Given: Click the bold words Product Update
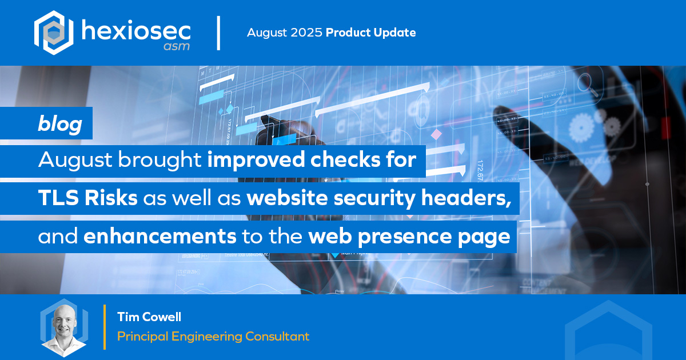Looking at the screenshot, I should point(370,33).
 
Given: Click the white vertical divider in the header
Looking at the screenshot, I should point(218,33).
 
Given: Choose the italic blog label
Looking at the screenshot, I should point(60,123).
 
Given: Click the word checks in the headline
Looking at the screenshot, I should point(339,161).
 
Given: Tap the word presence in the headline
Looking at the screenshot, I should point(406,237).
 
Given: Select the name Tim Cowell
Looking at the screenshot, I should point(149,317).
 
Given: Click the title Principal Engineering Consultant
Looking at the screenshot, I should point(213,337).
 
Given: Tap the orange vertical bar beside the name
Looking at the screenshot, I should point(105,327).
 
